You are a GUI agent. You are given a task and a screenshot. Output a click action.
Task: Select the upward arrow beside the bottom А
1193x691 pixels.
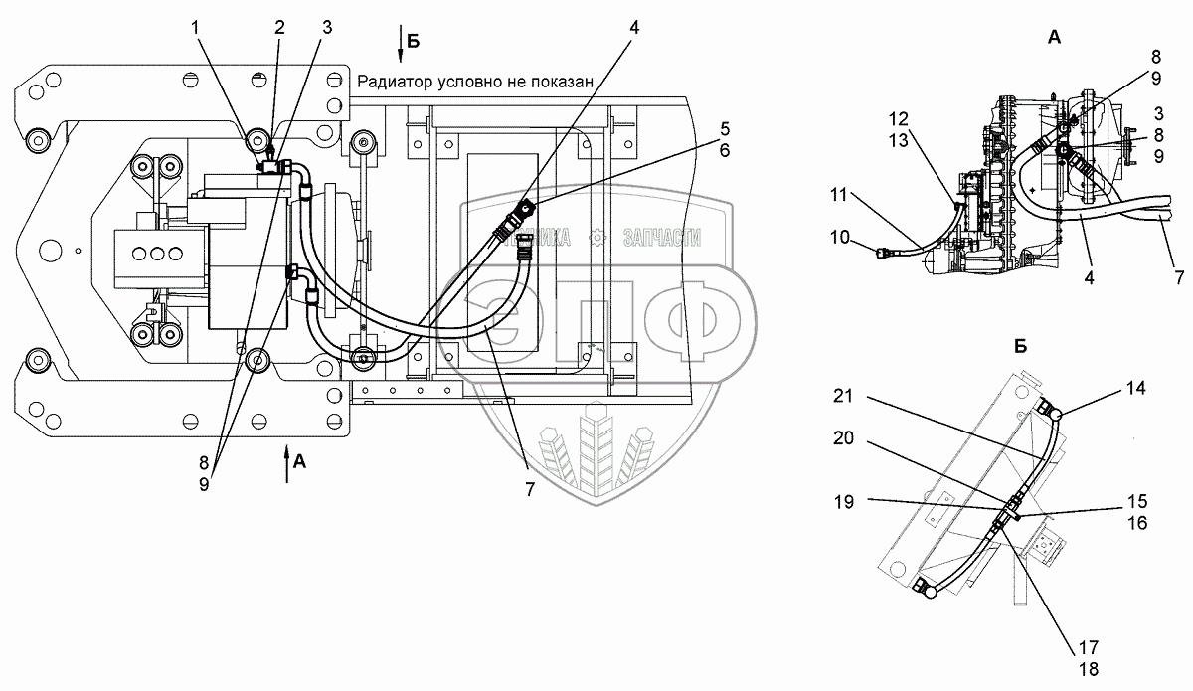(x=288, y=465)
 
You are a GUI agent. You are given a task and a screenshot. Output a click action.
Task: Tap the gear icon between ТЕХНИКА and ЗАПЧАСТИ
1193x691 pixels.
(x=596, y=237)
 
